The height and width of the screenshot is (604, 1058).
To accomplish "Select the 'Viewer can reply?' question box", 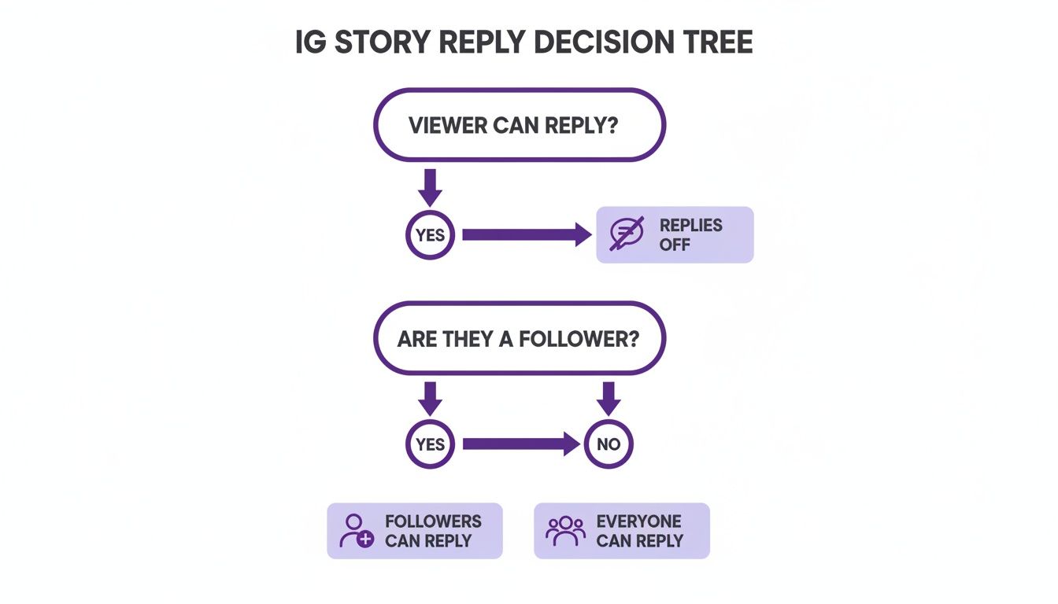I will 520,125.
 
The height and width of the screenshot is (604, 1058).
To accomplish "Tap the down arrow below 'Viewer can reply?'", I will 430,186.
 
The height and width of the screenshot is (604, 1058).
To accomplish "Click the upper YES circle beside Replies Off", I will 430,234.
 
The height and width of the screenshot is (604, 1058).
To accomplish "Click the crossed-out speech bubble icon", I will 627,234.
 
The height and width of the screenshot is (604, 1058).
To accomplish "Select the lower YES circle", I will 430,444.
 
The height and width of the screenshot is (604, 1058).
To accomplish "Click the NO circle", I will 609,444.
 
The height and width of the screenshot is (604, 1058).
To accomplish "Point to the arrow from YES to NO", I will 520,444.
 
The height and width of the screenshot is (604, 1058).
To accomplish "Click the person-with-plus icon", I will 356,531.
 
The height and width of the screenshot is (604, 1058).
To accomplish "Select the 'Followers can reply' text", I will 432,531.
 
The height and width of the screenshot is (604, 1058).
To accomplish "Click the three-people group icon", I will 565,531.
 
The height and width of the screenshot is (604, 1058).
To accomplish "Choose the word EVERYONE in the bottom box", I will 638,521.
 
